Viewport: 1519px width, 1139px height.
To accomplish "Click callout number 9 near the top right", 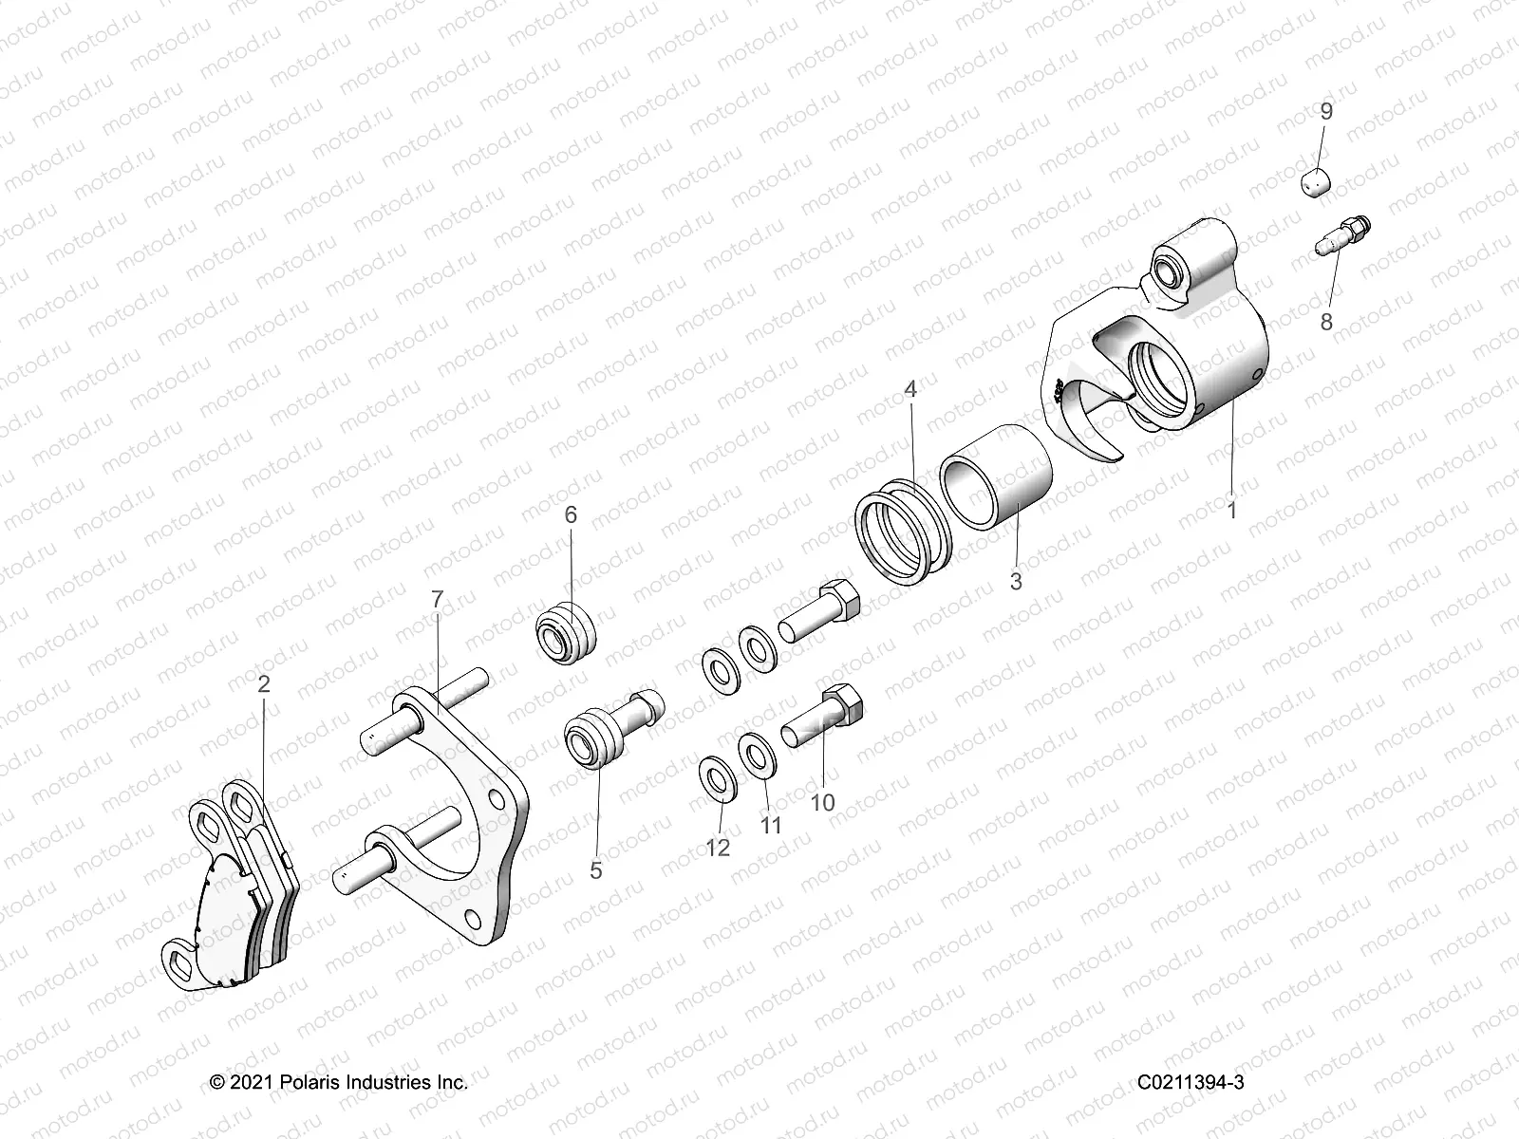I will point(1326,111).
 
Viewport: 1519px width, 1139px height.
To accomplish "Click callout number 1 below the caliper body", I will point(1231,510).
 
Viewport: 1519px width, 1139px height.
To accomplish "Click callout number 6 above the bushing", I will point(570,514).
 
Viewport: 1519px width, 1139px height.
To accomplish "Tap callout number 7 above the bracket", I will point(437,598).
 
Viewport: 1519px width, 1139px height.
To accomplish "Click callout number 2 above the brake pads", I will point(264,683).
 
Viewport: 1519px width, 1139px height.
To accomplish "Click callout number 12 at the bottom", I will point(718,848).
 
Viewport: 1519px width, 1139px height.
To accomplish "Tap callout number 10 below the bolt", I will point(822,803).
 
